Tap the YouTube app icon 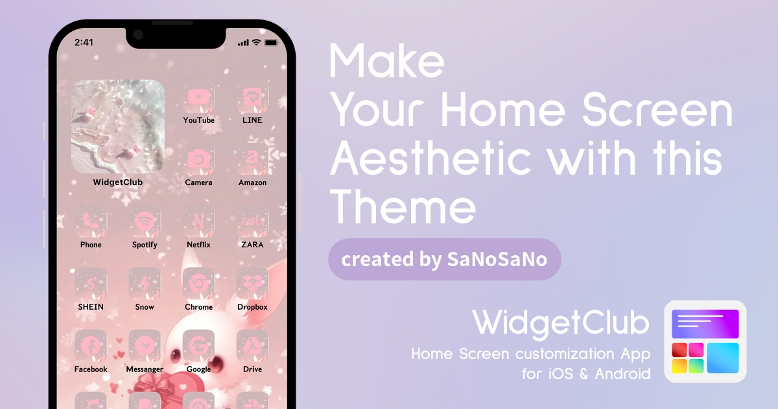click(x=198, y=97)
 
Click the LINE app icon click(x=252, y=97)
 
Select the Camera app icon click(x=198, y=159)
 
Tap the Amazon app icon click(x=252, y=159)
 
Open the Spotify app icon click(x=145, y=221)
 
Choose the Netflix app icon click(x=198, y=221)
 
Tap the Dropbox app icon click(x=252, y=284)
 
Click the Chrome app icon click(x=198, y=284)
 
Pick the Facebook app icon click(x=91, y=345)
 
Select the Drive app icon click(x=252, y=345)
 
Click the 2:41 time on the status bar click(x=84, y=42)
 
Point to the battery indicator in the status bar click(x=272, y=43)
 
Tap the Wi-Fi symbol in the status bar click(x=256, y=42)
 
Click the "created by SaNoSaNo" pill click(x=445, y=260)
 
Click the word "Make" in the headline click(x=386, y=61)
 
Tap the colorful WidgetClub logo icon click(x=705, y=341)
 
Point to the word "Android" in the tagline click(x=622, y=374)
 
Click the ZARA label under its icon click(x=252, y=245)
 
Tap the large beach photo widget click(x=118, y=127)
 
